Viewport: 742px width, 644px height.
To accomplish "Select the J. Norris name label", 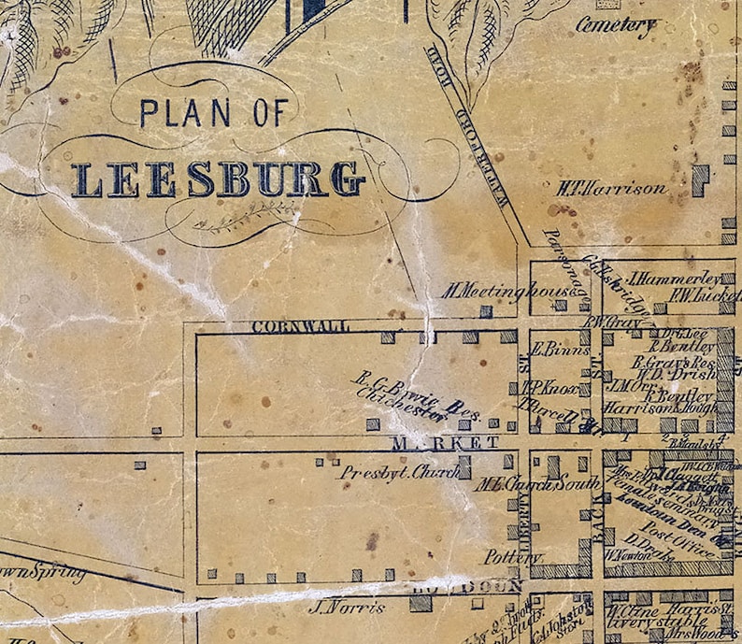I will coord(346,608).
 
